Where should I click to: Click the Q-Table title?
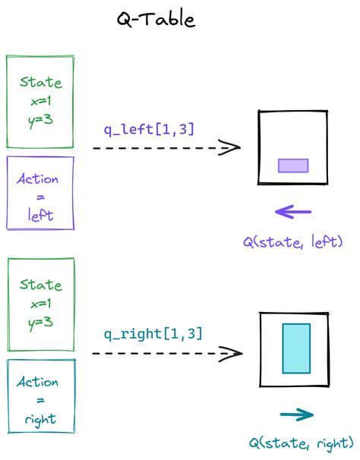point(155,20)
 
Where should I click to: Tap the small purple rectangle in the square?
point(293,165)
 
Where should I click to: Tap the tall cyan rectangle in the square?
point(295,348)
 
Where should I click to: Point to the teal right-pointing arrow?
point(296,414)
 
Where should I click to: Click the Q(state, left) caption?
point(293,242)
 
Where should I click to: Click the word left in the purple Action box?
point(40,216)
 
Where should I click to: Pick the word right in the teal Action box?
point(40,418)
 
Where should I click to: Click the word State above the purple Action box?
point(40,82)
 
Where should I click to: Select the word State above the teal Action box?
point(40,285)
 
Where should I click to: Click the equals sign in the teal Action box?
point(40,400)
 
